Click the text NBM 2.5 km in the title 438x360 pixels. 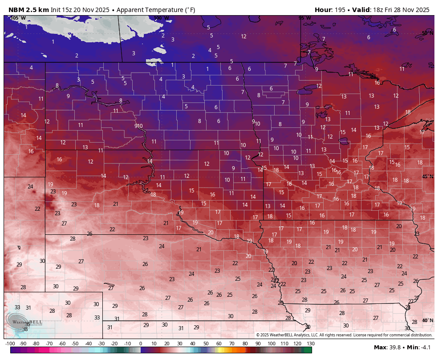click(28, 10)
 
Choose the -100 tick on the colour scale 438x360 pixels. click(10, 344)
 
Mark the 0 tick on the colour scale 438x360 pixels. click(141, 344)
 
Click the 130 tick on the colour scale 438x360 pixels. click(310, 344)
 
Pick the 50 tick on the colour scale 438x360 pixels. click(206, 344)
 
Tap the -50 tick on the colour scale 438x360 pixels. click(75, 344)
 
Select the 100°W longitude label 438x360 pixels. click(161, 18)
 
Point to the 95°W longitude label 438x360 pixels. click(304, 18)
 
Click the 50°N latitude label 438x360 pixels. click(427, 33)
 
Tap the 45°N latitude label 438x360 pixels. click(427, 176)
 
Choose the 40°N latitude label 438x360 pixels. click(427, 320)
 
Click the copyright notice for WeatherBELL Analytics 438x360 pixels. click(344, 335)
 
